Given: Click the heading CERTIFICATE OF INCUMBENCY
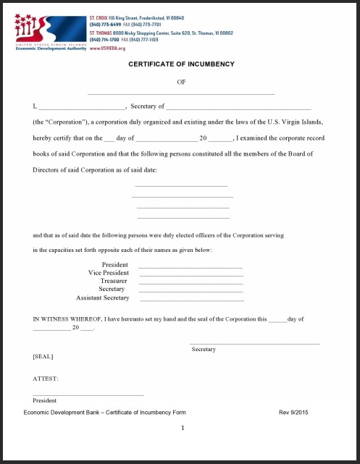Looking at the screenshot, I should [181, 64].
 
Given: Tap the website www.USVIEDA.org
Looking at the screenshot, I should [107, 48].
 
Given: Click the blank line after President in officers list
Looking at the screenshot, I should [191, 267].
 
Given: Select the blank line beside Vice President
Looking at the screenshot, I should [191, 275].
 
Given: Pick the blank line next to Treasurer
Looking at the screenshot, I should [191, 283].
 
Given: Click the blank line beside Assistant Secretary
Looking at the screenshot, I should [192, 300].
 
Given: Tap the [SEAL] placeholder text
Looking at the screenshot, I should [43, 356].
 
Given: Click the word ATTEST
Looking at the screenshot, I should [45, 379].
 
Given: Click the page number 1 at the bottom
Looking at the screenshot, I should [183, 428].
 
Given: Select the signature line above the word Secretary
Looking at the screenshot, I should [254, 343].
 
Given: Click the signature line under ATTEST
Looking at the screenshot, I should [88, 395].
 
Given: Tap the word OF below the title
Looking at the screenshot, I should [181, 82].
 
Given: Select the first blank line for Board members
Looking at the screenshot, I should [181, 187].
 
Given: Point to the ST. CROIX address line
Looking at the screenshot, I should [135, 17].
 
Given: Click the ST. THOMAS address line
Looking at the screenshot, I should [162, 33].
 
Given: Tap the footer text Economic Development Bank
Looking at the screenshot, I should [104, 412].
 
